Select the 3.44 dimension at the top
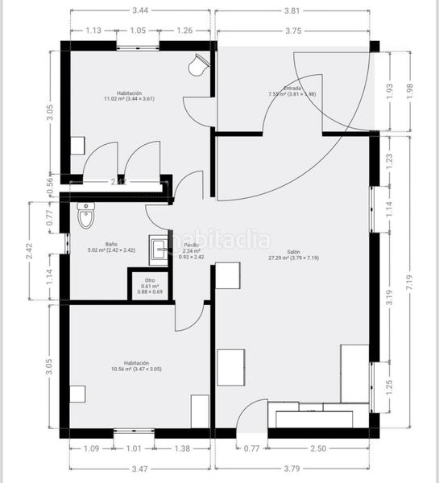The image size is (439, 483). click(x=139, y=11)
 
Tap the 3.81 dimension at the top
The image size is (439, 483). click(x=292, y=11)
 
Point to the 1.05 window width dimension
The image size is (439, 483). click(x=138, y=31)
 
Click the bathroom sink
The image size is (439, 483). click(x=159, y=249)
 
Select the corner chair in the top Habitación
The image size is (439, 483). click(x=197, y=64)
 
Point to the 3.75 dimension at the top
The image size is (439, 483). click(x=293, y=31)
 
